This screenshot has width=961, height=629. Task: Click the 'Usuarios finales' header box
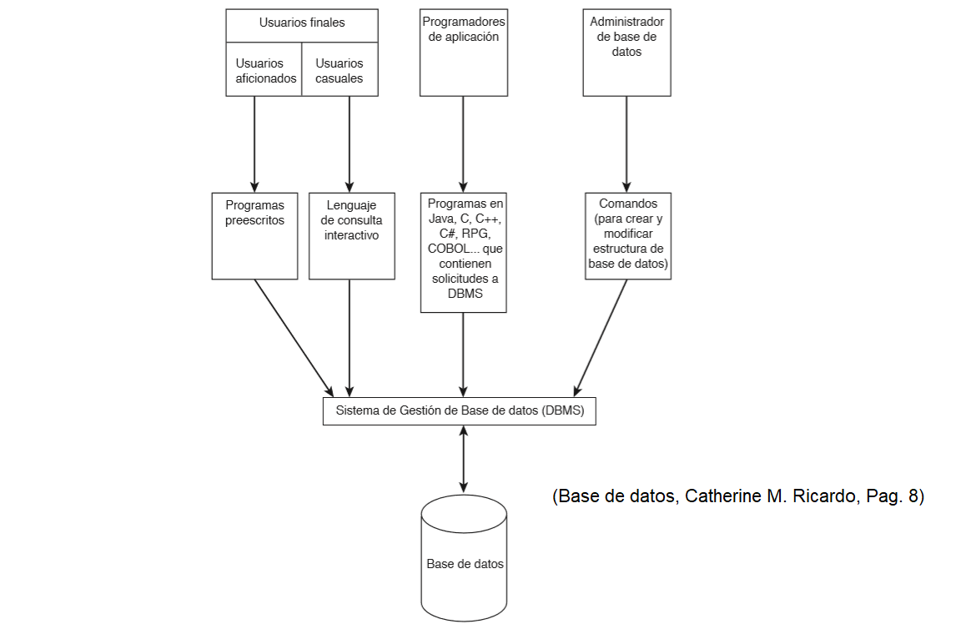301,23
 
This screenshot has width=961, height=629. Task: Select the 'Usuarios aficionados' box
264,71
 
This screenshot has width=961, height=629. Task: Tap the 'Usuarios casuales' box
339,71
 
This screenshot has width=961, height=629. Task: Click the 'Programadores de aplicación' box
463,52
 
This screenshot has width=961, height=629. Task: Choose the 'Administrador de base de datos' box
626,52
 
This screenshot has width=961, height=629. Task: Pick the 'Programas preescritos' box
254,236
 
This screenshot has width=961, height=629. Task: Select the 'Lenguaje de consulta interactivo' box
351,236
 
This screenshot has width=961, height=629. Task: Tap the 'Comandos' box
627,236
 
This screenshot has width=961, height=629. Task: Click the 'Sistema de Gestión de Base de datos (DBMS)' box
459,411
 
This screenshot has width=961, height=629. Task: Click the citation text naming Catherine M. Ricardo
738,496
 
